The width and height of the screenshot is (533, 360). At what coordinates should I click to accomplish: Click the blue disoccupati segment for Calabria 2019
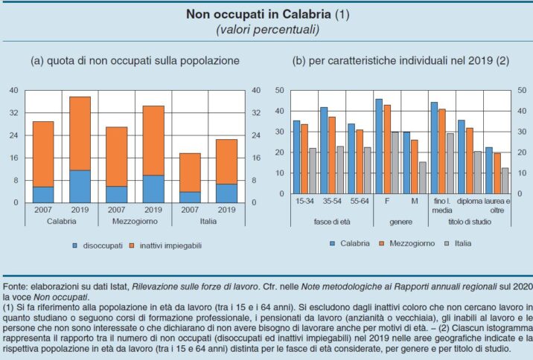click(x=80, y=186)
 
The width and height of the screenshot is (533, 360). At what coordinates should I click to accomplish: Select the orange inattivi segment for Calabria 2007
click(x=43, y=154)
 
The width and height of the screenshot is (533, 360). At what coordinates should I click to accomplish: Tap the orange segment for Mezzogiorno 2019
click(x=153, y=141)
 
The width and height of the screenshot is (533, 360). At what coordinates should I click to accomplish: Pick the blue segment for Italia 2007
click(x=190, y=197)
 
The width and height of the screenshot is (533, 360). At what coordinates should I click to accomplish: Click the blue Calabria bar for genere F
click(x=379, y=147)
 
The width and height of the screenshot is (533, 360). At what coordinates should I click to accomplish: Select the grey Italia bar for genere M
click(x=423, y=178)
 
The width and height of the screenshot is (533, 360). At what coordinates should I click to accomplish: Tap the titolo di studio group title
click(x=470, y=222)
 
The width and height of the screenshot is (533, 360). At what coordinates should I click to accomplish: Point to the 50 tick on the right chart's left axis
click(x=279, y=91)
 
